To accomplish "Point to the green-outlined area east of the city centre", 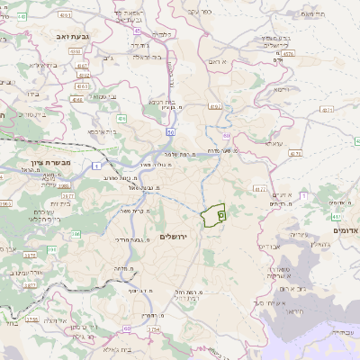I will click(213, 216).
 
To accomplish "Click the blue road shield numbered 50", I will click(170, 132).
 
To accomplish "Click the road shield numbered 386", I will click(76, 233).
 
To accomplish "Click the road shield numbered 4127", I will click(260, 189).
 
